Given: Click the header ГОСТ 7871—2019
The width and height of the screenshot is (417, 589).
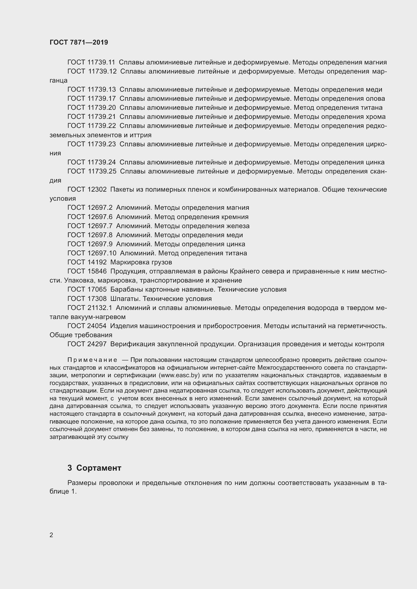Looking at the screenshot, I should click(x=79, y=42).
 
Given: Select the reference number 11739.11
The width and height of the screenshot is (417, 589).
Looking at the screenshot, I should click(x=101, y=62).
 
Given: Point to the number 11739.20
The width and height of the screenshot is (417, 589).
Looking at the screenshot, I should click(x=102, y=108).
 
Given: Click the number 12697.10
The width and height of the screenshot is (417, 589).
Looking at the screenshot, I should click(x=102, y=253).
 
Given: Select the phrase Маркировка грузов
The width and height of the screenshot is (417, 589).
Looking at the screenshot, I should click(x=141, y=262).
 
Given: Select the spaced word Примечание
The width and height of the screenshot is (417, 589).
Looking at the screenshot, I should click(x=92, y=360).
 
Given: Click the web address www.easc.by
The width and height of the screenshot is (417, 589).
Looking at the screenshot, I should click(x=180, y=375).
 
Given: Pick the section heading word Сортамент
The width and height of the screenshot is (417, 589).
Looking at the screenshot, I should click(x=99, y=468).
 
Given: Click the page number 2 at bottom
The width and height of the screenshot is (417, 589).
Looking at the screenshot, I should click(x=51, y=535).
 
